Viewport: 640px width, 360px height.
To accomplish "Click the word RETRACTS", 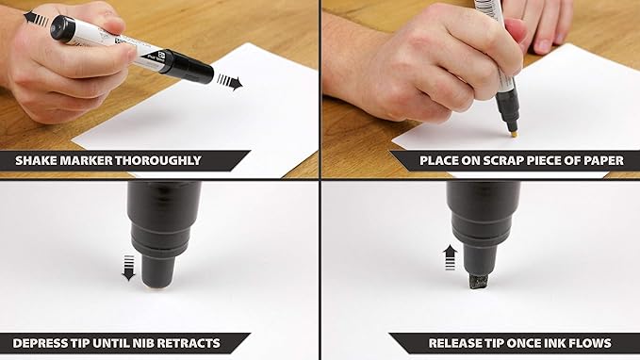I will [190, 343].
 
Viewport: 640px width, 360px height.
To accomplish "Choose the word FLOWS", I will [589, 343].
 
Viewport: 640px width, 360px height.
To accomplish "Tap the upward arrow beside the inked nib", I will [451, 256].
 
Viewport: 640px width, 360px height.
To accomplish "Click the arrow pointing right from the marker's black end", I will [229, 82].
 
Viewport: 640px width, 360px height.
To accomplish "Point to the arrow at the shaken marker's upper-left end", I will [35, 17].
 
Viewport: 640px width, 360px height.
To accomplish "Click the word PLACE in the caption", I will [440, 160].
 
